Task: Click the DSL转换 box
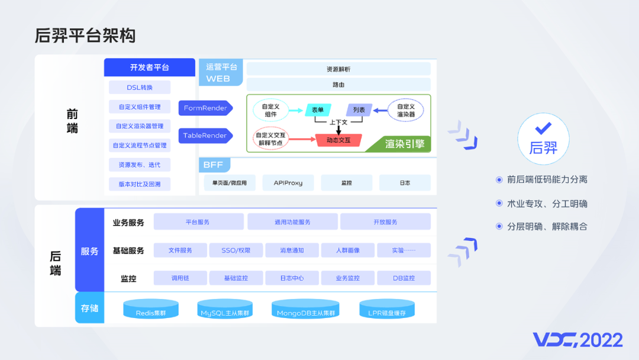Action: (140, 88)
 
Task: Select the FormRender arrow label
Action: (205, 108)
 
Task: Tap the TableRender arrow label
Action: (205, 136)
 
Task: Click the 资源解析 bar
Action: (338, 69)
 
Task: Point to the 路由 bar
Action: (338, 85)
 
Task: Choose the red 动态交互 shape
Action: (339, 140)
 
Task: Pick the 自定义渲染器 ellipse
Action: (406, 110)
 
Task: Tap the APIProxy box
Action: (288, 183)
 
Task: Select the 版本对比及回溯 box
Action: (140, 184)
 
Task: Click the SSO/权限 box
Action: (235, 250)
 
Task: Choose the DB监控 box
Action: (404, 278)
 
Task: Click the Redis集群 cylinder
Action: (151, 310)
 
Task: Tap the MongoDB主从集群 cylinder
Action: (306, 310)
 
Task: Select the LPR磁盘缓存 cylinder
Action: (387, 310)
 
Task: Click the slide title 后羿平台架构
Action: (85, 36)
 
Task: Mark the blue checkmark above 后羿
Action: (543, 128)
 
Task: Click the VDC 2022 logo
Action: (577, 340)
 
